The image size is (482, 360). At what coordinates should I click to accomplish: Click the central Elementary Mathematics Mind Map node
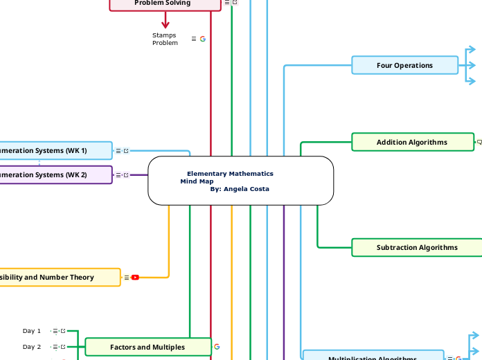(x=240, y=181)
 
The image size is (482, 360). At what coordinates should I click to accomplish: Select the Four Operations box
(x=404, y=65)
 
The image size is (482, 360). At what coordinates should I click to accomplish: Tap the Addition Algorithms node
(x=411, y=142)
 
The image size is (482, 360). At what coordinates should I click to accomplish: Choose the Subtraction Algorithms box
(x=416, y=247)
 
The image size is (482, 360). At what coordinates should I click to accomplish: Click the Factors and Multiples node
(x=148, y=347)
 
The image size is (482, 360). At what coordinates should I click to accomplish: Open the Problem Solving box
(x=165, y=4)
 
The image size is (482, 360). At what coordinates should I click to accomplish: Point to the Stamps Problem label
(x=165, y=39)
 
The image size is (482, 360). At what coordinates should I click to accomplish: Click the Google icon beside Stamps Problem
(x=203, y=39)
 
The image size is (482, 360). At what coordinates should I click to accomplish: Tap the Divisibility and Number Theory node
(x=59, y=277)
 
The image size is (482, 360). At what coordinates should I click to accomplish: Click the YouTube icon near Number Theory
(x=135, y=278)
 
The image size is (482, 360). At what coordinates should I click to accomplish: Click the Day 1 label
(x=32, y=331)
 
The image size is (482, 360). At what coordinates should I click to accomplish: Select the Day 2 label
(x=32, y=347)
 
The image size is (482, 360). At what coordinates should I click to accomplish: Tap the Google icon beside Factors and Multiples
(x=217, y=347)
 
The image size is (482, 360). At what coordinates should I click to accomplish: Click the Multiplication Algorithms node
(x=373, y=357)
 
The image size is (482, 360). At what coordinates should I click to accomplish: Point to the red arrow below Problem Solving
(x=165, y=21)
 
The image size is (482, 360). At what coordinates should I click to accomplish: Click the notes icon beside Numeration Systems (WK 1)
(x=118, y=150)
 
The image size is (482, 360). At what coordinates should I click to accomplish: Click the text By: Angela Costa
(x=240, y=189)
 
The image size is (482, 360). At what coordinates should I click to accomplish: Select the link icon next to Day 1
(x=63, y=331)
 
